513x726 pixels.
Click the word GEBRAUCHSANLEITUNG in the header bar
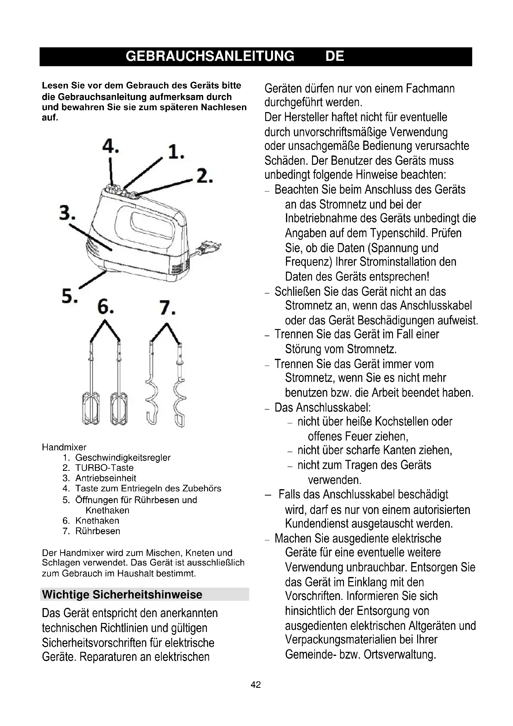[210, 56]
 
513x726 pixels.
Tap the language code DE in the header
[335, 56]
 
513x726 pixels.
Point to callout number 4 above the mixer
[110, 146]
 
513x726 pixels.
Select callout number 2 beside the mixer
[204, 176]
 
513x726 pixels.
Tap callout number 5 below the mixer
[69, 296]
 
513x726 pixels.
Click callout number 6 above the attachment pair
[105, 307]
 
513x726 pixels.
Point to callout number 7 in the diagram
[167, 307]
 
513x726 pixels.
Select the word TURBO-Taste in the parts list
[104, 468]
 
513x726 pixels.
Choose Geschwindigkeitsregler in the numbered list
[123, 458]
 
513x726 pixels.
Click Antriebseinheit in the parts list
[105, 478]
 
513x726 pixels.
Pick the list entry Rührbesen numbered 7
[98, 531]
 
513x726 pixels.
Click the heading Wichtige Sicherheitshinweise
[122, 594]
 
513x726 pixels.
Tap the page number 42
[256, 685]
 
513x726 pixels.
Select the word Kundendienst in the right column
[317, 523]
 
